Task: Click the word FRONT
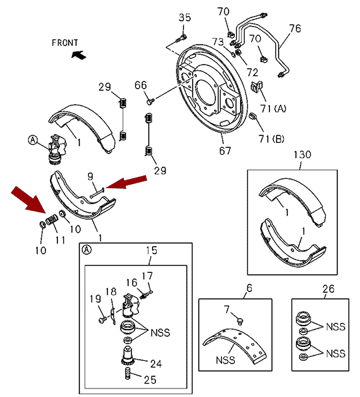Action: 65,43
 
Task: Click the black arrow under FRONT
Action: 79,55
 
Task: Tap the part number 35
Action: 185,17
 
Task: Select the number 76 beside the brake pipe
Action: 295,28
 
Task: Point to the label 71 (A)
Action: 273,109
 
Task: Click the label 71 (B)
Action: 271,139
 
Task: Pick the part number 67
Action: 225,151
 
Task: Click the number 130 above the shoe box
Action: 302,154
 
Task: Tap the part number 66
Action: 141,85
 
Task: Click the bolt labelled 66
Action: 150,101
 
